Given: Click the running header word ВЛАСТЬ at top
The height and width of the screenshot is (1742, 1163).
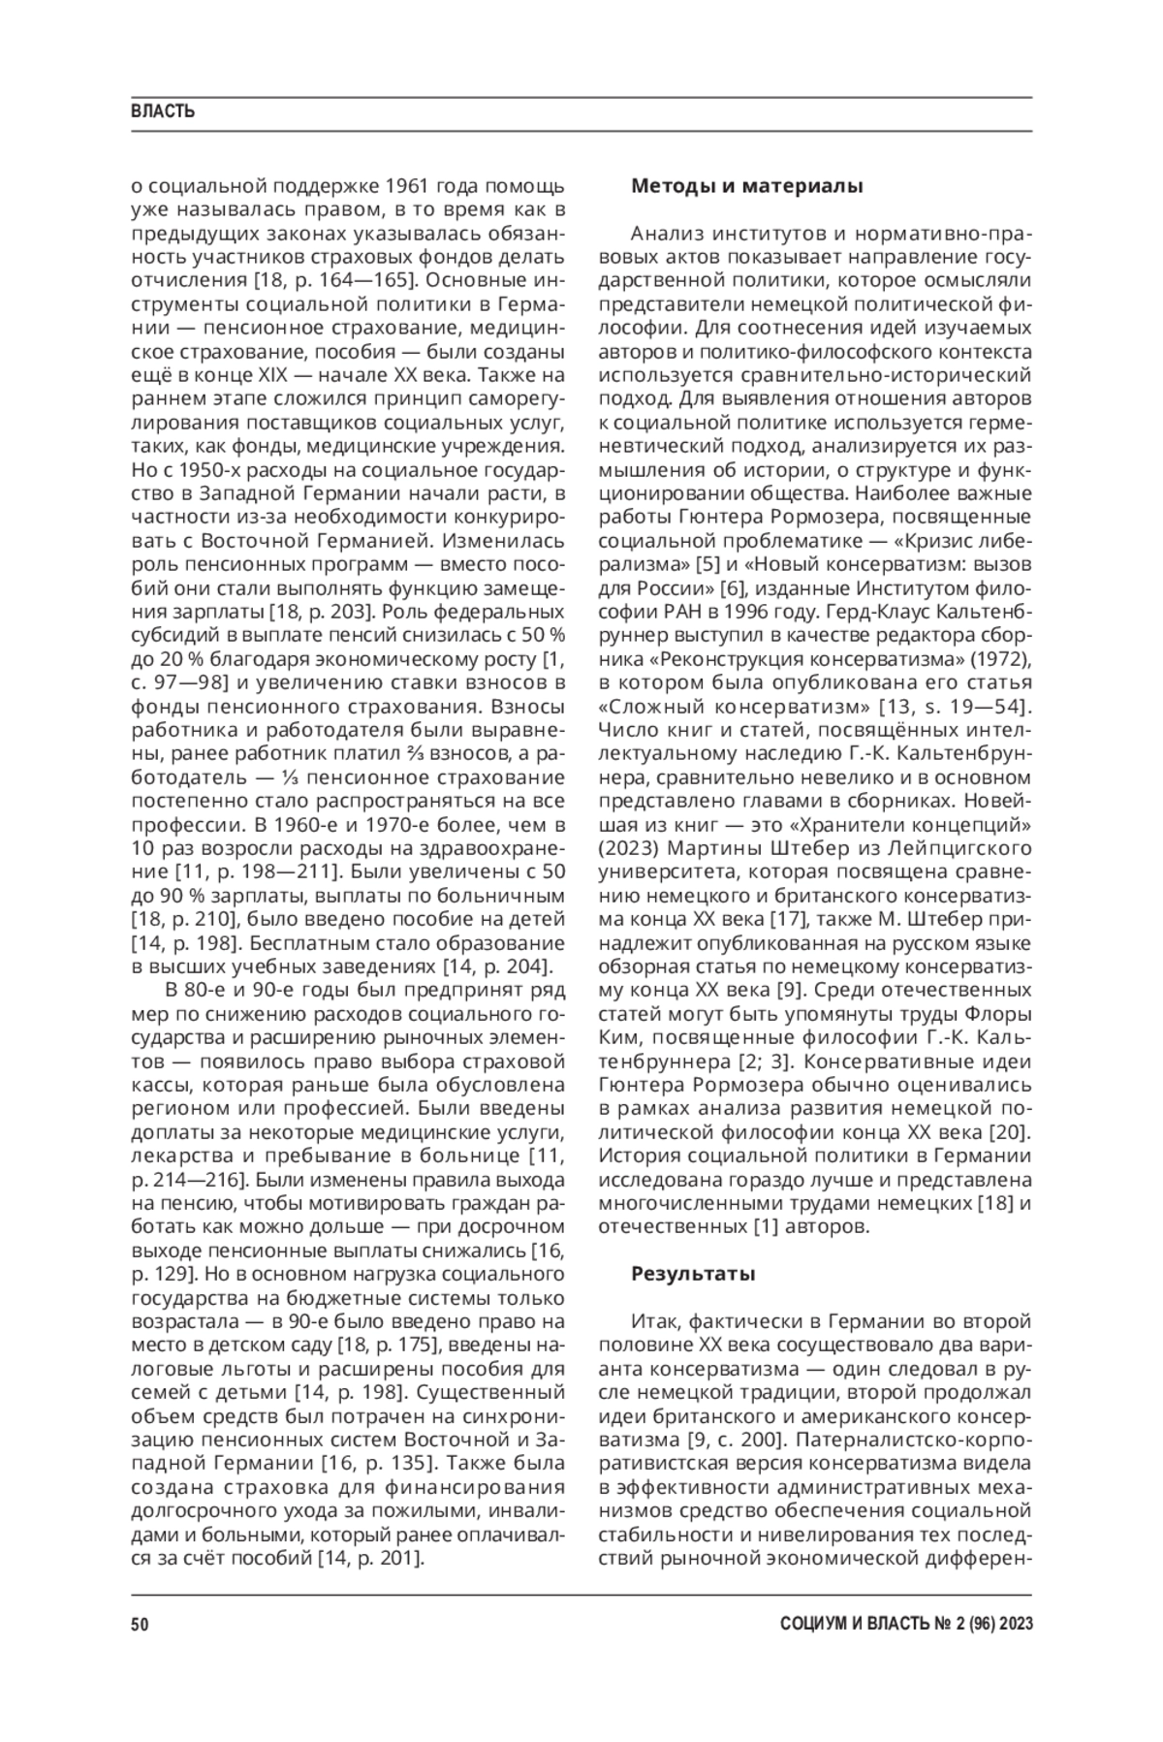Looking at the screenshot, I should pyautogui.click(x=163, y=111).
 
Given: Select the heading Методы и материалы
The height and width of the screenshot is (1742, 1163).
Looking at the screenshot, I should pyautogui.click(x=746, y=186).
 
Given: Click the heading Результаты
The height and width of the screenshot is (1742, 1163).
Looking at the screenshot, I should pyautogui.click(x=692, y=1273).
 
